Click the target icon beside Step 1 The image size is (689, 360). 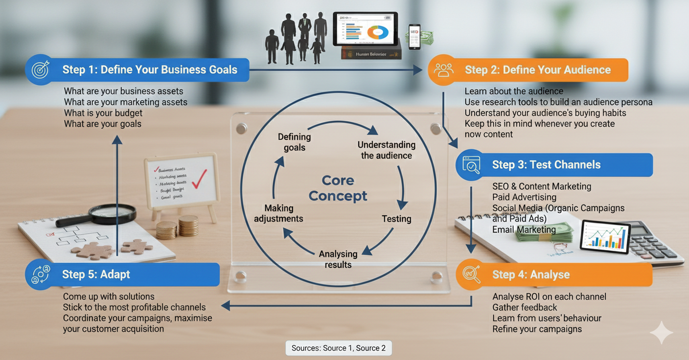tap(40, 69)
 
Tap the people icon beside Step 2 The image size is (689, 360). tap(443, 70)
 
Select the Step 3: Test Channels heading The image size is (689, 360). tap(546, 165)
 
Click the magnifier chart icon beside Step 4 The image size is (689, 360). tap(471, 274)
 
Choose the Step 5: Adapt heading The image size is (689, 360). tap(96, 274)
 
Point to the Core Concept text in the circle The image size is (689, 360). tap(338, 188)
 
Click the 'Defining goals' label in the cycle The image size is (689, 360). tap(294, 142)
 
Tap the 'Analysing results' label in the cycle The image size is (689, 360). tap(338, 259)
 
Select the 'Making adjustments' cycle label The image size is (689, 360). tap(278, 214)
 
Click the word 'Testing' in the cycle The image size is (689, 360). tap(396, 219)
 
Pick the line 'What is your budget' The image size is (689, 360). tap(103, 113)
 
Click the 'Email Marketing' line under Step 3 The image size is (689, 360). tap(524, 229)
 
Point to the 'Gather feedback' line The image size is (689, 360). tap(525, 307)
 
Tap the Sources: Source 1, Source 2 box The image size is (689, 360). tap(339, 348)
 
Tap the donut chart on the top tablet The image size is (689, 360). tap(378, 32)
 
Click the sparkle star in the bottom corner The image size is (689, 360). tap(661, 333)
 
